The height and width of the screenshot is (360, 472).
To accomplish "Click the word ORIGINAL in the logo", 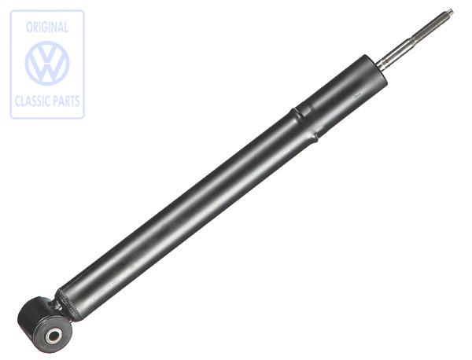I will pyautogui.click(x=47, y=27).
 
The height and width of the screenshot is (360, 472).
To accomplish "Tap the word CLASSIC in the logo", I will pyautogui.click(x=31, y=101).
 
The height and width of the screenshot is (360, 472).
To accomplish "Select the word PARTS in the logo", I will pyautogui.click(x=66, y=101).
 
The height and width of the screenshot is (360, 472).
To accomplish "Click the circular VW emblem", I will pyautogui.click(x=47, y=64).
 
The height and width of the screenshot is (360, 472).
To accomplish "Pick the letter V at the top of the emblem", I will pyautogui.click(x=47, y=53).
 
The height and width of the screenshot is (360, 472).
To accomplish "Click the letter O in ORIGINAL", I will pyautogui.click(x=29, y=27).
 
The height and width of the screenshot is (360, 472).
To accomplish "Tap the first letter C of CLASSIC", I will pyautogui.click(x=17, y=101).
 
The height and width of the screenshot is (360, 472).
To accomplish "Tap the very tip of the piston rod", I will pyautogui.click(x=451, y=11).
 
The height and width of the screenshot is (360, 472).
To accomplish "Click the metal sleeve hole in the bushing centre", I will pyautogui.click(x=53, y=336).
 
